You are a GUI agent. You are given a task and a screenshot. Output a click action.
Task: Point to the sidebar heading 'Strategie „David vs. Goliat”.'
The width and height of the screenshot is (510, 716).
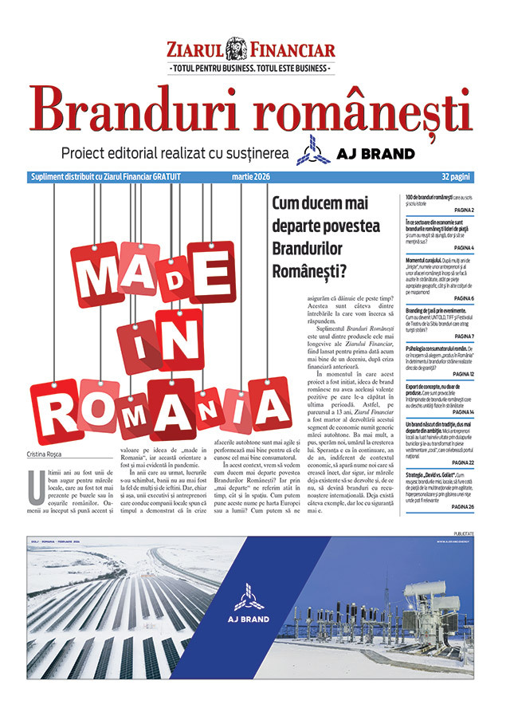click(x=439, y=496)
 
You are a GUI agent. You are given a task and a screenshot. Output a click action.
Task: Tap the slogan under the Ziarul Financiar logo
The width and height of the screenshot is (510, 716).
click(x=250, y=69)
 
